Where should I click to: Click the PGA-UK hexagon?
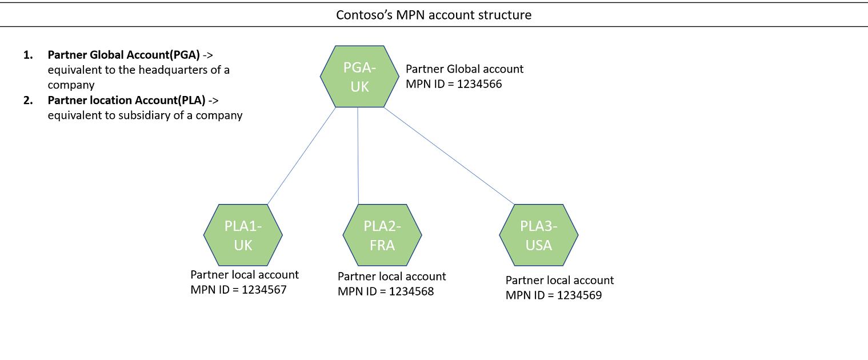click(x=359, y=77)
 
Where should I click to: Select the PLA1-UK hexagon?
click(x=243, y=235)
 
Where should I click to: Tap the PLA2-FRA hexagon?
click(x=382, y=235)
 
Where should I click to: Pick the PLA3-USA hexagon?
click(x=539, y=235)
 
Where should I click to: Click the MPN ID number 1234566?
click(x=482, y=83)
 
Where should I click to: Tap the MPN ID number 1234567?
click(x=264, y=290)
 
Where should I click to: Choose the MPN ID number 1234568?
click(x=411, y=291)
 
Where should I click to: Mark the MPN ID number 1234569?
click(x=579, y=295)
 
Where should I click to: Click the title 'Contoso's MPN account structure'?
click(x=434, y=15)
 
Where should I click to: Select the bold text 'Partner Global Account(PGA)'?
click(x=123, y=55)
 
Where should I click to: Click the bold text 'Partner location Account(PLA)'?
click(x=126, y=101)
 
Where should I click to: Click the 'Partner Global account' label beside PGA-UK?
click(x=465, y=69)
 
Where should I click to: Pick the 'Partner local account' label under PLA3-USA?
click(x=559, y=281)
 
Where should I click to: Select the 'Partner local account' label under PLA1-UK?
click(x=244, y=275)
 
